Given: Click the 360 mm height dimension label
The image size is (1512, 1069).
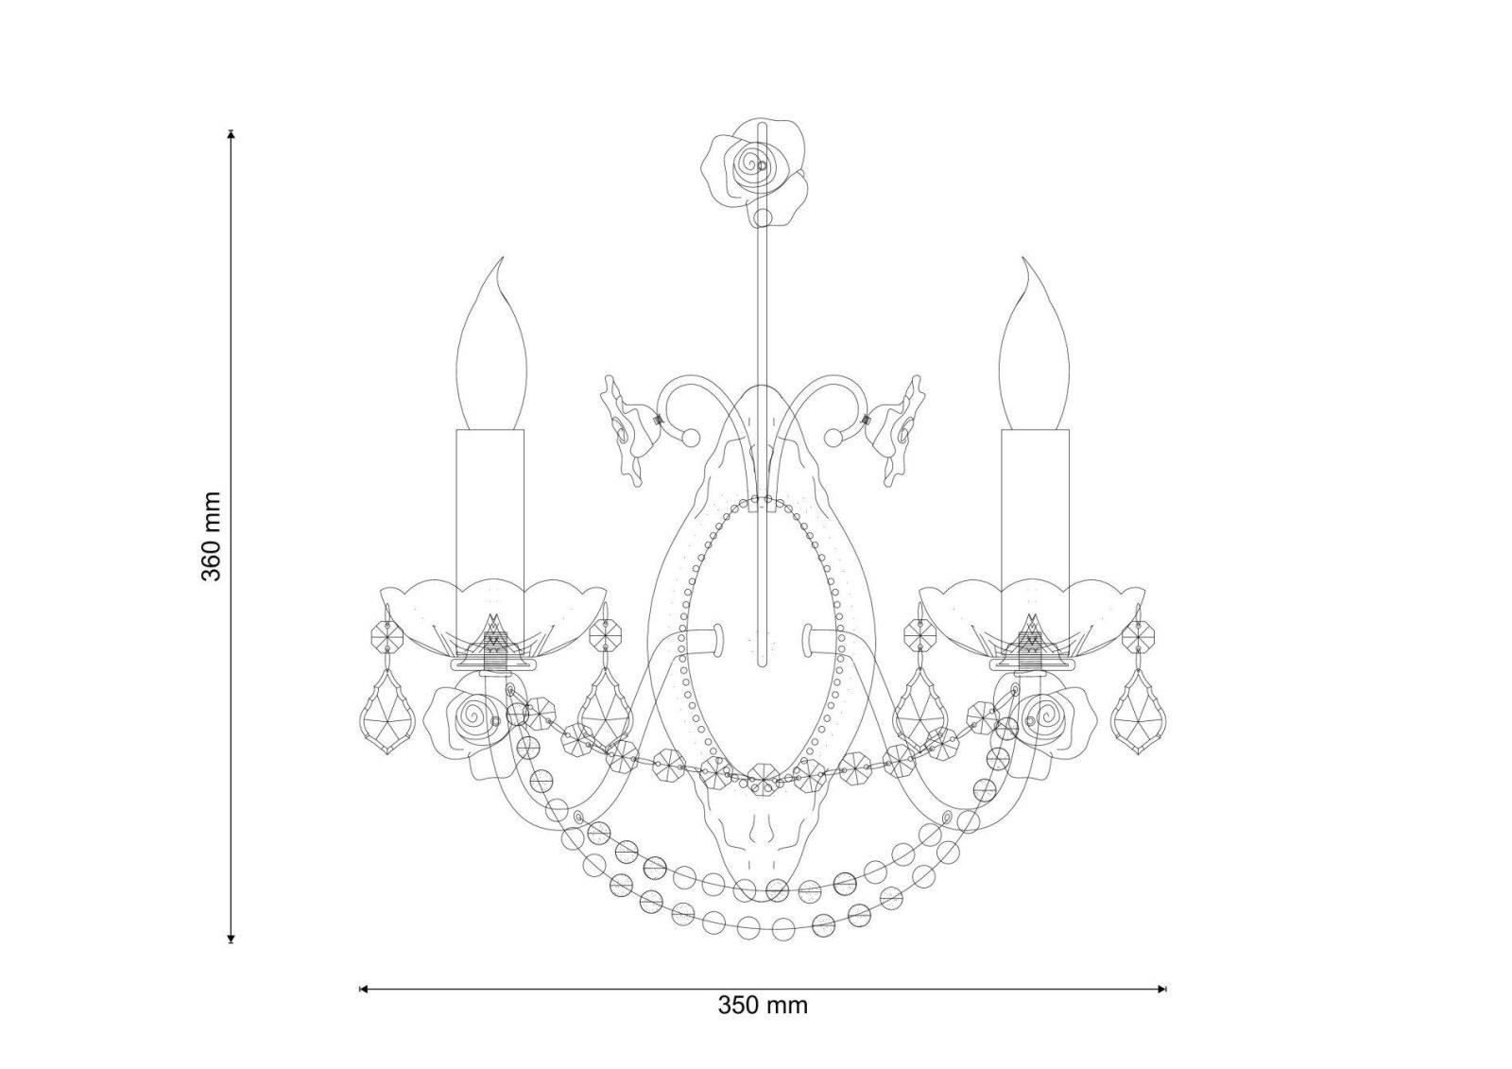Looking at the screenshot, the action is (x=212, y=536).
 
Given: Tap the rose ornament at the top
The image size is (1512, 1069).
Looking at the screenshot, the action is (x=755, y=171).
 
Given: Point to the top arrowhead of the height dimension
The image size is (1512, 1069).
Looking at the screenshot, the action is (x=232, y=134).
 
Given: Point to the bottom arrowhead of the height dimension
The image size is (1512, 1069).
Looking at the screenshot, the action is (x=232, y=937).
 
